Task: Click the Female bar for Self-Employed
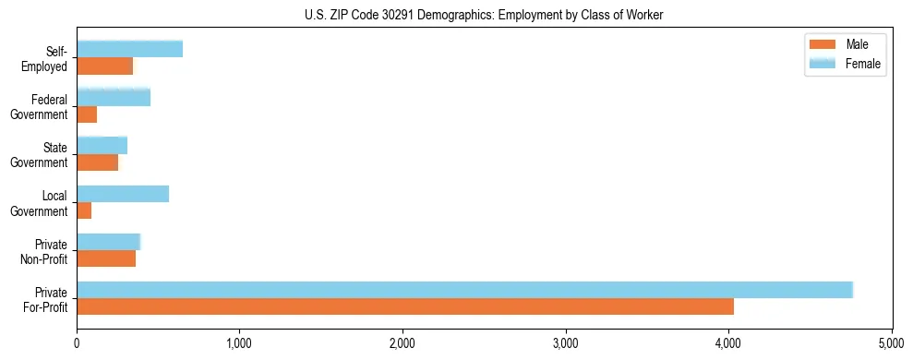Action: [129, 49]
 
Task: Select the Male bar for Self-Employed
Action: [104, 66]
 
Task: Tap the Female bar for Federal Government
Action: [114, 98]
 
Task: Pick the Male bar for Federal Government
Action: [87, 114]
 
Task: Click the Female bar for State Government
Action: [102, 146]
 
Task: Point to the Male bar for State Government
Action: [97, 162]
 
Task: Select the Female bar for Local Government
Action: [123, 194]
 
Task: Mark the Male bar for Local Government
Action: [84, 210]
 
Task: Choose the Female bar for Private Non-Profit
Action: [108, 242]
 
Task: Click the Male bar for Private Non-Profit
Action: [106, 258]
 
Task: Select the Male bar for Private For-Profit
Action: [405, 306]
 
